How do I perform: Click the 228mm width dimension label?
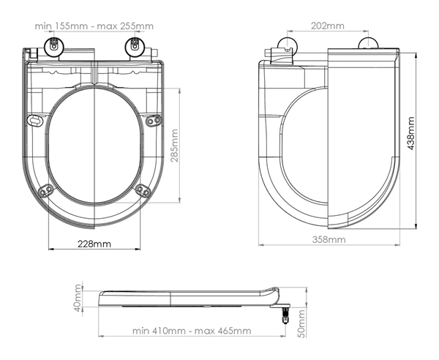click(x=94, y=244)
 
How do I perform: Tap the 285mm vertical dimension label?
click(x=175, y=146)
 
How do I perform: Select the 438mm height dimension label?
click(x=410, y=133)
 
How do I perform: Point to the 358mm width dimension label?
click(x=329, y=239)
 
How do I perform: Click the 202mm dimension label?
click(x=328, y=26)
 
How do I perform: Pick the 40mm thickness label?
click(x=78, y=298)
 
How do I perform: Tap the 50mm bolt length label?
click(x=301, y=323)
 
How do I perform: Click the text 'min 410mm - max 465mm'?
click(x=192, y=331)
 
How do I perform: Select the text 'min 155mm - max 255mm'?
click(x=94, y=26)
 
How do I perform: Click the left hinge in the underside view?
click(x=54, y=45)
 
